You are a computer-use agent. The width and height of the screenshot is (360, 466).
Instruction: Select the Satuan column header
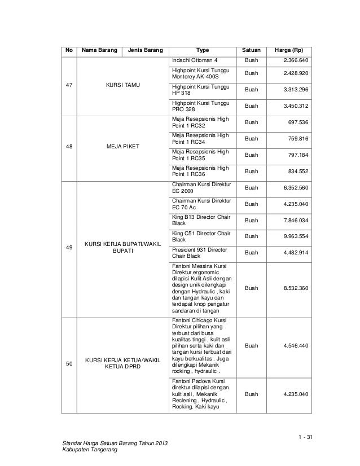251,50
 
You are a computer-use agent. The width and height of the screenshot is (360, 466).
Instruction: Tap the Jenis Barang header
145,50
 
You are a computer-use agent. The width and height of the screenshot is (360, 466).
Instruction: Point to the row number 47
69,85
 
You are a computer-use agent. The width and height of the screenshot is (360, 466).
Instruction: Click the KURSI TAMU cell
123,85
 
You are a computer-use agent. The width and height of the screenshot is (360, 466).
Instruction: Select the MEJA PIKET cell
123,146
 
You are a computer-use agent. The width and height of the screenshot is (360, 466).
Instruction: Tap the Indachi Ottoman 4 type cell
194,60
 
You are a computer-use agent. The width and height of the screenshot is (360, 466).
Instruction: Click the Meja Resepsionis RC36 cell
200,171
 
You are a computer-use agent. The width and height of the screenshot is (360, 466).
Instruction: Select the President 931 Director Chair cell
200,252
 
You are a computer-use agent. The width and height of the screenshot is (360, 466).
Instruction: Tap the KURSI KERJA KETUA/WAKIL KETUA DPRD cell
123,364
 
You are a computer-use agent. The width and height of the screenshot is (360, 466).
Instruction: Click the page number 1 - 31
304,438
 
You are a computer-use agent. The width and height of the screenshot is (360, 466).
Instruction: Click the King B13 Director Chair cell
200,219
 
